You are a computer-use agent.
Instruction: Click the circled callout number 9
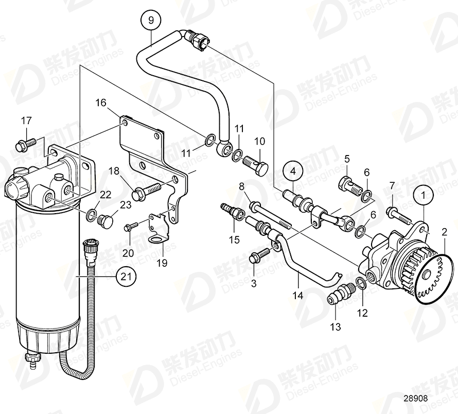(x=151, y=21)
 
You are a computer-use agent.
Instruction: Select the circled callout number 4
(x=293, y=170)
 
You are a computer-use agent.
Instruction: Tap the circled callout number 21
(x=124, y=277)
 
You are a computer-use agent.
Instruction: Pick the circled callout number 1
(x=425, y=196)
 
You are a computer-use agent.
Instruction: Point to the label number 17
(x=26, y=121)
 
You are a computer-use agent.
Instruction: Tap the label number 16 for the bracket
(x=100, y=103)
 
